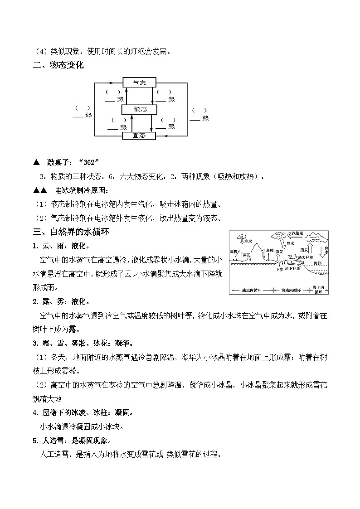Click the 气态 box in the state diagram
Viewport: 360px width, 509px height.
point(140,82)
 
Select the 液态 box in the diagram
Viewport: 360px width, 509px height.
point(140,109)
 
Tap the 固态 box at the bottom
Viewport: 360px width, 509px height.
point(140,136)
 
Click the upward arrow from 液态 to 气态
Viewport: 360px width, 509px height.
point(126,96)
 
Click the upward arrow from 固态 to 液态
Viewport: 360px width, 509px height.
point(132,122)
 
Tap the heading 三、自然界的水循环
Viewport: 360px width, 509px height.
point(71,232)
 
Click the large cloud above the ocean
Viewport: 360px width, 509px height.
point(316,237)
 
